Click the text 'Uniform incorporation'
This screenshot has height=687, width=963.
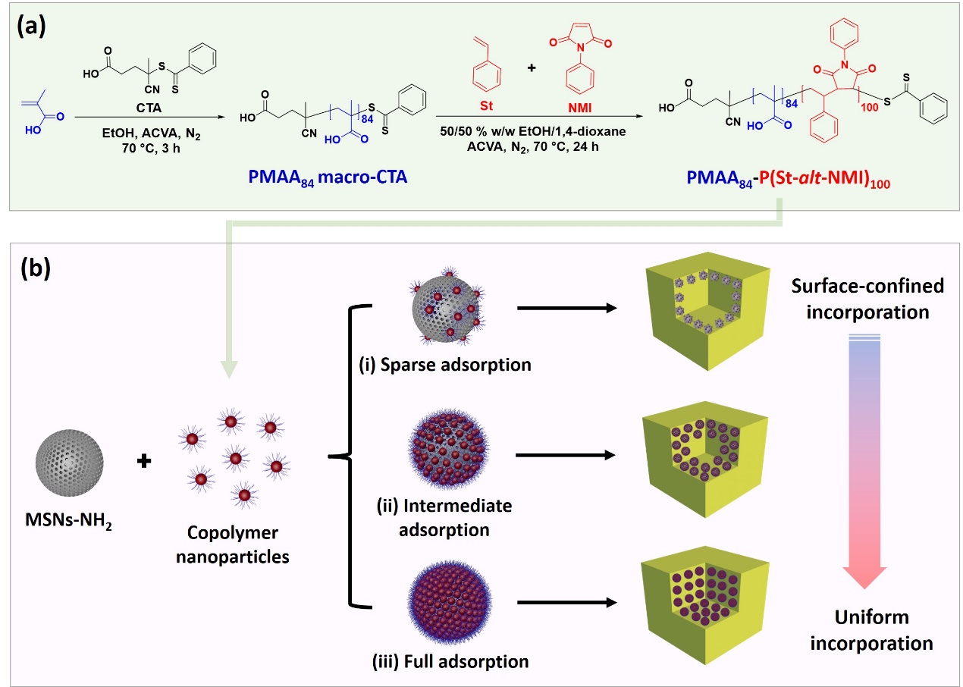[x=871, y=630]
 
